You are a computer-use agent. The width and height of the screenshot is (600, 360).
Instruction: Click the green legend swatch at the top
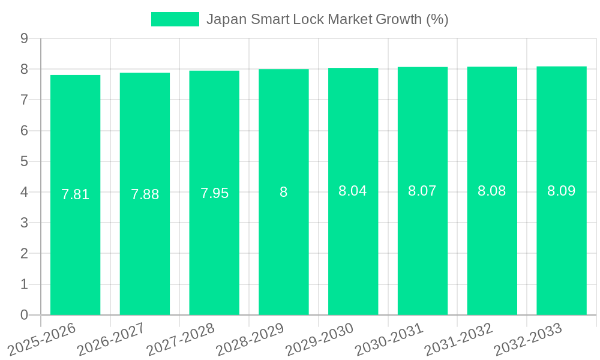(x=175, y=19)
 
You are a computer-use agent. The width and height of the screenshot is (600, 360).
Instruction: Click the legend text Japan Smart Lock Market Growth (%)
(x=327, y=19)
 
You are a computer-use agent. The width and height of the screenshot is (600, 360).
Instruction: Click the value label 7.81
(x=75, y=194)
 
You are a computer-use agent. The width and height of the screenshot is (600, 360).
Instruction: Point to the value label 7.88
(x=145, y=194)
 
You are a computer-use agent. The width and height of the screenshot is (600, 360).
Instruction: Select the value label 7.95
(x=214, y=193)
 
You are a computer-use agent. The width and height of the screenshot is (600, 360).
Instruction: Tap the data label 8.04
(x=353, y=191)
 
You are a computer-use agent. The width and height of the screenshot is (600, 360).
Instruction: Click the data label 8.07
(x=422, y=191)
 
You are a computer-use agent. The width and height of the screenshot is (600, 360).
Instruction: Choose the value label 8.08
(x=492, y=191)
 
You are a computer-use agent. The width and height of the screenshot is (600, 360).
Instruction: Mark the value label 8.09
(x=562, y=191)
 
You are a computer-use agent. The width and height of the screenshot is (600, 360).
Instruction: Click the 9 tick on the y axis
(x=24, y=38)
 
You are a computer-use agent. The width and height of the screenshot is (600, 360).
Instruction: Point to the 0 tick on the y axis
(x=24, y=315)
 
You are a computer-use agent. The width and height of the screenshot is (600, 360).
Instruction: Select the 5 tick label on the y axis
(x=24, y=161)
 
